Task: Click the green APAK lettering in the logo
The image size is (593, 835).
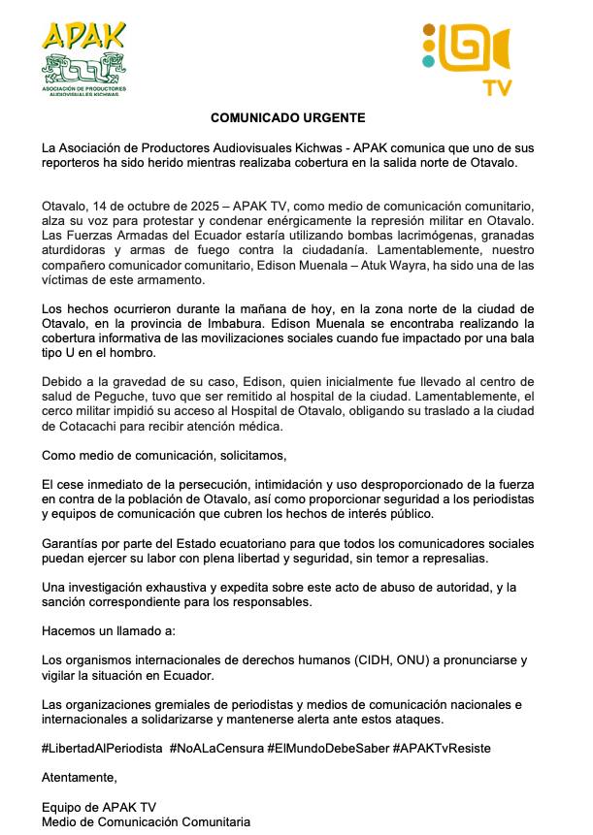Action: (83, 36)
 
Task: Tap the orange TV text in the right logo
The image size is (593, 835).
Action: (498, 88)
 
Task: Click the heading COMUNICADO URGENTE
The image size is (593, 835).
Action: (288, 118)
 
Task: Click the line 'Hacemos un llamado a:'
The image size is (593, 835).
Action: (109, 631)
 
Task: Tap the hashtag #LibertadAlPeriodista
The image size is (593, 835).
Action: (102, 749)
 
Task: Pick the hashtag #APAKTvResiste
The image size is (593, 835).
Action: (442, 749)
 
